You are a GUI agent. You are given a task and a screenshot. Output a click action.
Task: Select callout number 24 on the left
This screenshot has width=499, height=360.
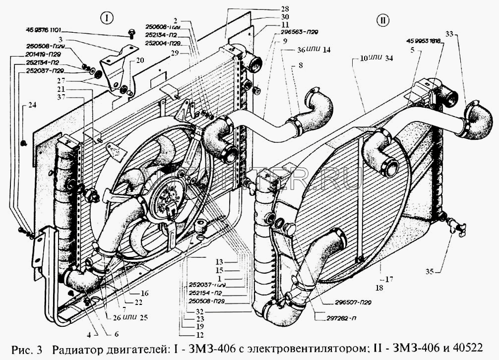32,105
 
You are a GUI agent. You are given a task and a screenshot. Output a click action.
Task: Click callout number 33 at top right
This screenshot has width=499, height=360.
449,34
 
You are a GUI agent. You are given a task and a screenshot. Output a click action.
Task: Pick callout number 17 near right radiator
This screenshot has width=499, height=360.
388,279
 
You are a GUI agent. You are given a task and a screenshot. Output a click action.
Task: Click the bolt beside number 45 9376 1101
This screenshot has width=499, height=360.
131,34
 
